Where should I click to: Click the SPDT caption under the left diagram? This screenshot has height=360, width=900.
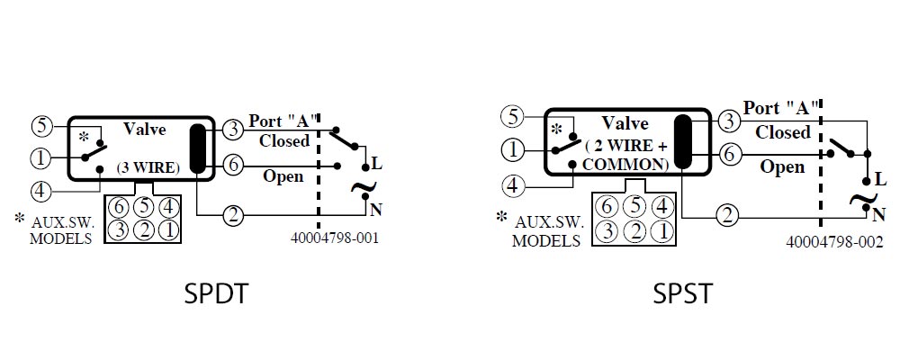(x=216, y=293)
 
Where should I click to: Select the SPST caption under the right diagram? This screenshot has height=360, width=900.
(x=682, y=293)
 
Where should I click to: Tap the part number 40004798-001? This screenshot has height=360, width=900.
(x=335, y=238)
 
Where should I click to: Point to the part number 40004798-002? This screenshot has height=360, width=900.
(x=834, y=242)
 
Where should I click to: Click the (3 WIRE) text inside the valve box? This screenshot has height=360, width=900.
(x=148, y=168)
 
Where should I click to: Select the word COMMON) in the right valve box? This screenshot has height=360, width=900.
(x=625, y=164)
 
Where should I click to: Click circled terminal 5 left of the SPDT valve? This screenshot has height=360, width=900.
(x=42, y=126)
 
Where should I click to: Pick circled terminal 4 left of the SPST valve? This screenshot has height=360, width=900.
(x=514, y=186)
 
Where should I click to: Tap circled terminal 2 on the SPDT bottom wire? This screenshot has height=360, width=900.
(x=233, y=216)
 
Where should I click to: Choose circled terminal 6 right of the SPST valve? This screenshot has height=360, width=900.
(x=729, y=155)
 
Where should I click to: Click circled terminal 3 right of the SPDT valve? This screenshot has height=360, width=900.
(x=233, y=130)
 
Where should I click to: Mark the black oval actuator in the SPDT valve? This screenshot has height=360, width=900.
(x=197, y=148)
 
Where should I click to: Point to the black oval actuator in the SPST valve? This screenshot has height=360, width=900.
(x=683, y=141)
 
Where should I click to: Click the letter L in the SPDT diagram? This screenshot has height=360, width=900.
(x=376, y=164)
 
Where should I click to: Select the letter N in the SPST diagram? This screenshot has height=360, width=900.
(x=878, y=215)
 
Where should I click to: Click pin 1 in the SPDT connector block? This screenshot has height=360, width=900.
(x=168, y=230)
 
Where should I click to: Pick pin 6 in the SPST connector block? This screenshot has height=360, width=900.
(x=606, y=206)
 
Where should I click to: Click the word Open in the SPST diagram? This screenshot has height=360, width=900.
(x=782, y=167)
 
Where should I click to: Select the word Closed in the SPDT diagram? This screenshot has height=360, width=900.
(x=284, y=140)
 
